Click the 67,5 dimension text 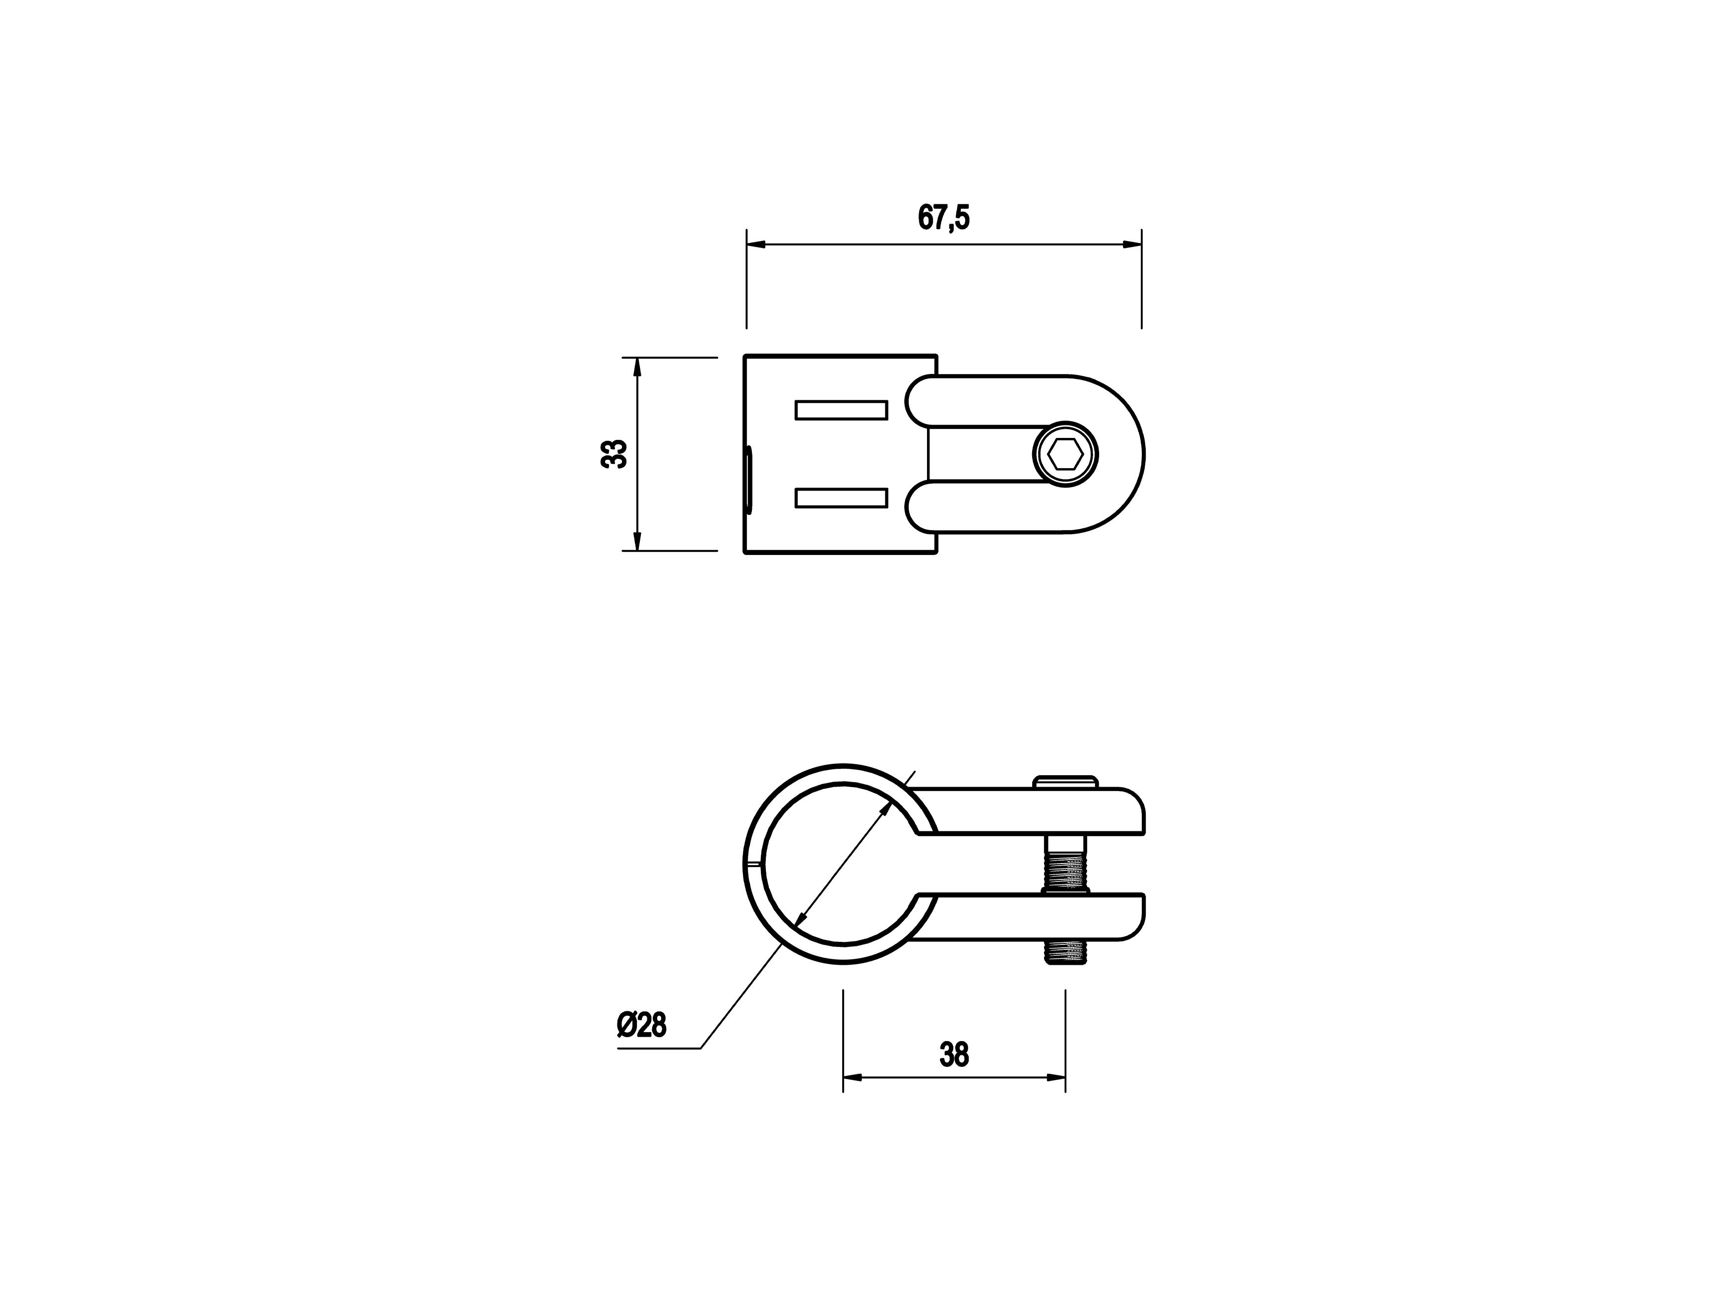tap(943, 217)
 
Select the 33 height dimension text tap(614, 454)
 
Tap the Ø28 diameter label tap(641, 1025)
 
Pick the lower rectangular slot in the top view tap(841, 497)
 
